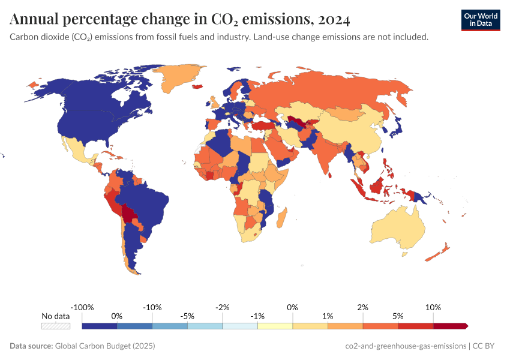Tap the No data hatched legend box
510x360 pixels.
coord(55,326)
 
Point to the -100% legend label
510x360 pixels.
coord(82,307)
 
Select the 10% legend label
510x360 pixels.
coord(433,307)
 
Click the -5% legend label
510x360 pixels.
coord(187,316)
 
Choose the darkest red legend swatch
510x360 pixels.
coord(450,326)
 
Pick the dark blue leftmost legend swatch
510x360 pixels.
coord(100,326)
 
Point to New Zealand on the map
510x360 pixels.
coord(437,253)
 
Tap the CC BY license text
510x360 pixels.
coord(487,346)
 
